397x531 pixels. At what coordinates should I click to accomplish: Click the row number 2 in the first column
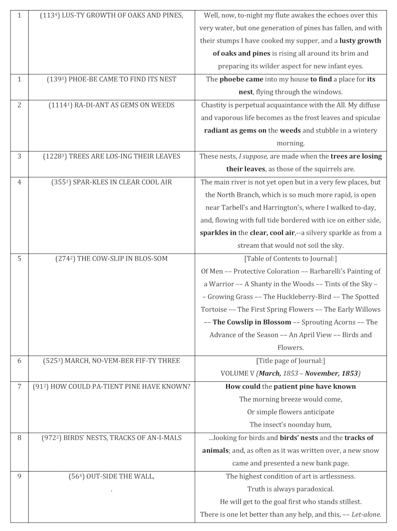19,105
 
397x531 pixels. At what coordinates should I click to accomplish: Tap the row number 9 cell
19,476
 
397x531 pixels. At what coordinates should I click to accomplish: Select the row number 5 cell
19,258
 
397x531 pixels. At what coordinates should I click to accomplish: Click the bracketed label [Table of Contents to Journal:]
291,259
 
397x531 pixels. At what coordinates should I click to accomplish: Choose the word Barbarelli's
330,271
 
